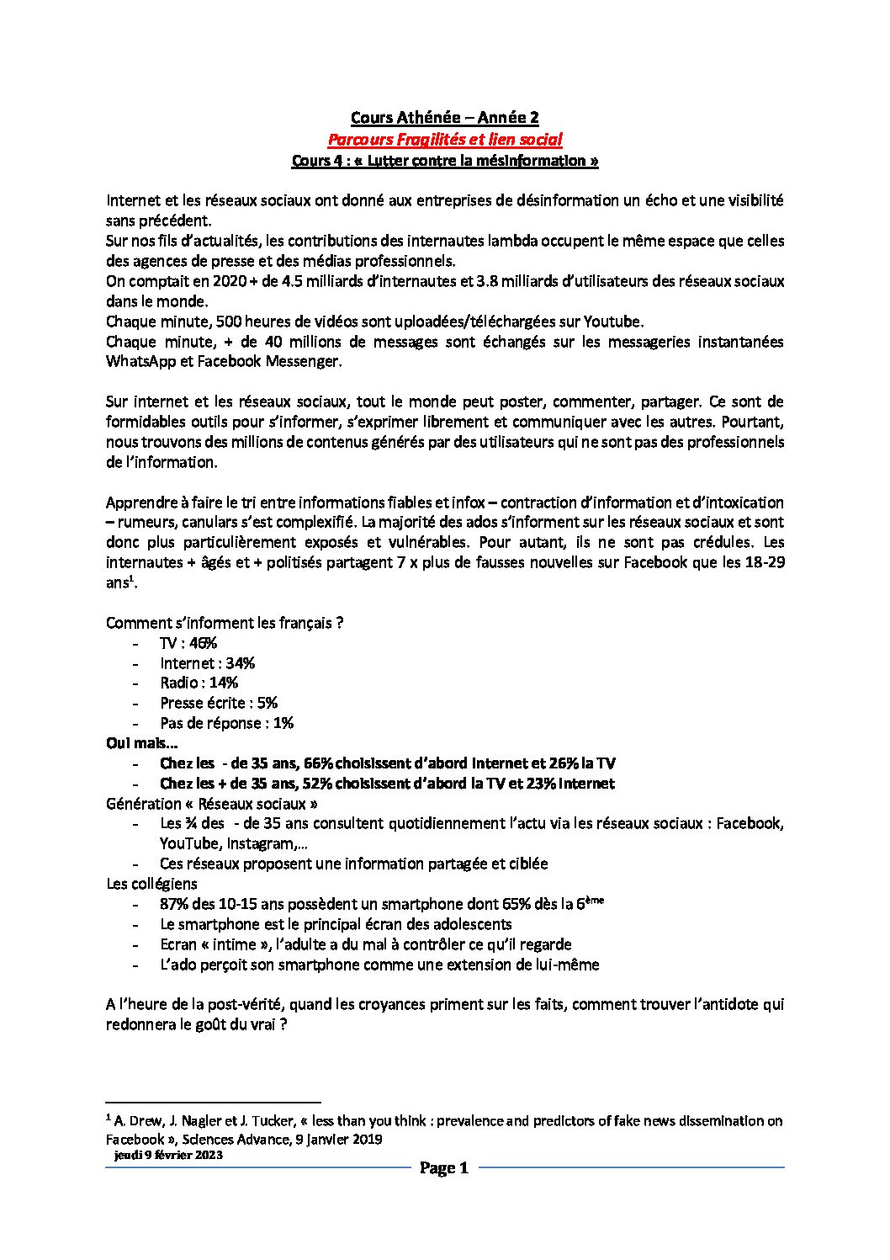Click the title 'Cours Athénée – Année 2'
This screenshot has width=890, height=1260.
coord(444,118)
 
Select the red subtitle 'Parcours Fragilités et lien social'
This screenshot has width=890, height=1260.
coord(444,139)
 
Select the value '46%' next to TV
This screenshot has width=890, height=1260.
coord(204,643)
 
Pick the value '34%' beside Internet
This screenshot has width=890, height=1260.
coord(240,663)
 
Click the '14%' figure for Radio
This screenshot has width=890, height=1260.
coord(223,683)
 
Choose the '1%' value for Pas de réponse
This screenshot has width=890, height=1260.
coord(283,723)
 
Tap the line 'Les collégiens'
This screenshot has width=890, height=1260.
coord(151,884)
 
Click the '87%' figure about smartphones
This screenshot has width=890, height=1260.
coord(174,905)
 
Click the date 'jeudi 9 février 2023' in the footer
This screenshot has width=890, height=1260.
coord(168,1156)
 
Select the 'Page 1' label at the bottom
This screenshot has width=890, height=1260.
coord(443,1167)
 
